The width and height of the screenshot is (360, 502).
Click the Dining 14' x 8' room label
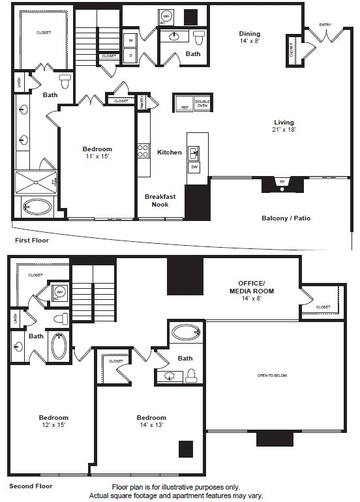click(249, 38)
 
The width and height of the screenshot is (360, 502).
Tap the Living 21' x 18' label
click(284, 126)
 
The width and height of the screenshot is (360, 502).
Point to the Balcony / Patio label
click(286, 218)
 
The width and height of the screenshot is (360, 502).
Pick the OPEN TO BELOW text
click(272, 376)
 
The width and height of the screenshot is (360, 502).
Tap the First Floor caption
click(31, 241)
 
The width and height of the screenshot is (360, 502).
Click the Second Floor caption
click(31, 486)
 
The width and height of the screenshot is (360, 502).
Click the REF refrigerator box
click(184, 104)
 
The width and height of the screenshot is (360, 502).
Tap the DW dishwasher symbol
click(194, 168)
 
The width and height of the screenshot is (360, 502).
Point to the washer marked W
click(130, 40)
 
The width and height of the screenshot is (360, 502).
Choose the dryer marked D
click(130, 55)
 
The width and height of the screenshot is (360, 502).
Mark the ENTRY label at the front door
click(325, 25)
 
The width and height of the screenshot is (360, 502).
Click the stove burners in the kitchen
click(143, 151)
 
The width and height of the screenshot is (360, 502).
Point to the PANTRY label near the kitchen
click(142, 100)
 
